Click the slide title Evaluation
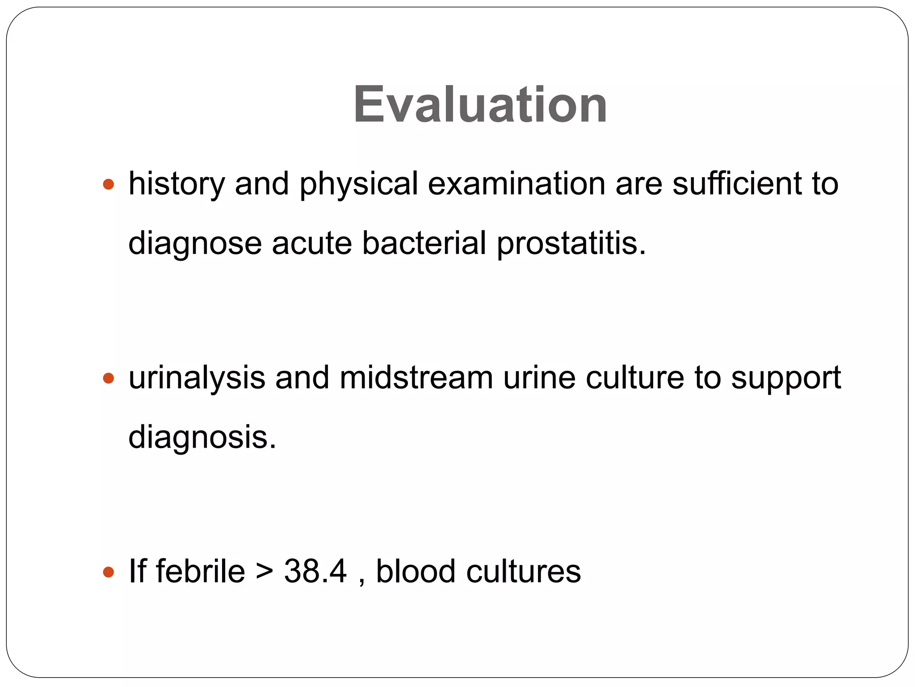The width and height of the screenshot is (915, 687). tap(480, 105)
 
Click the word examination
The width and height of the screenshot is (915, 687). tap(516, 184)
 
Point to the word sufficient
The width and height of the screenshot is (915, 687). tap(737, 184)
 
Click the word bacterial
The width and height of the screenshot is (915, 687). tap(424, 243)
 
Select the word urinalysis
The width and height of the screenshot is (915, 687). tap(197, 378)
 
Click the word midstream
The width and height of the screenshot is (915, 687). tap(416, 377)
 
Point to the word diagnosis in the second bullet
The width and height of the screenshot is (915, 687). tap(202, 438)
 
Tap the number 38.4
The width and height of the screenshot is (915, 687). tap(315, 571)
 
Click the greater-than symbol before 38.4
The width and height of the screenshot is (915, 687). tap(265, 572)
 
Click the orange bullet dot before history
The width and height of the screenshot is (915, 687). tap(109, 184)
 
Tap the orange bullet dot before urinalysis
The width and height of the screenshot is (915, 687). tap(109, 378)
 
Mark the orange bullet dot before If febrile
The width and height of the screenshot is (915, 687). tap(109, 572)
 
